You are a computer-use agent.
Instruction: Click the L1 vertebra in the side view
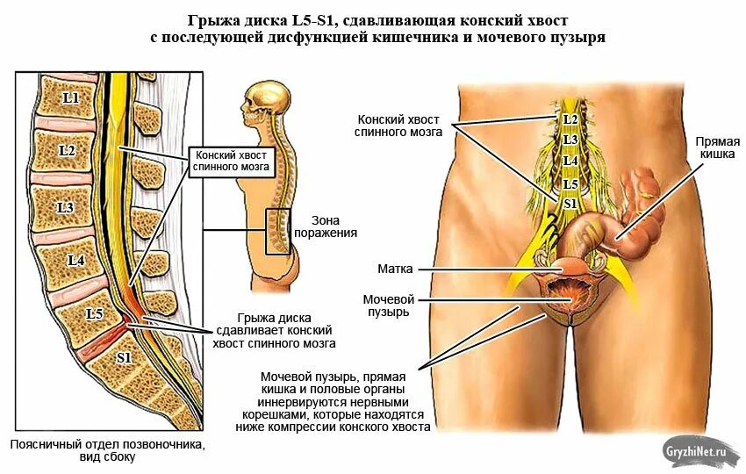[70, 98]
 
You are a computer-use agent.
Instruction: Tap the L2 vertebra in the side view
[67, 151]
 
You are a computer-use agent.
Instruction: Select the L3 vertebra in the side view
[64, 207]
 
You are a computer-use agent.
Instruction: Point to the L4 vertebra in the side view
[76, 261]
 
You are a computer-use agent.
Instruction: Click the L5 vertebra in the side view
[95, 312]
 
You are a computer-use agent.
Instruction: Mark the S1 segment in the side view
[124, 358]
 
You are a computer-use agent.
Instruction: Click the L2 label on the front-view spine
[570, 118]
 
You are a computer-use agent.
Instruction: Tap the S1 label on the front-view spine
[570, 203]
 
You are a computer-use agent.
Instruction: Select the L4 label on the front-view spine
[570, 162]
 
